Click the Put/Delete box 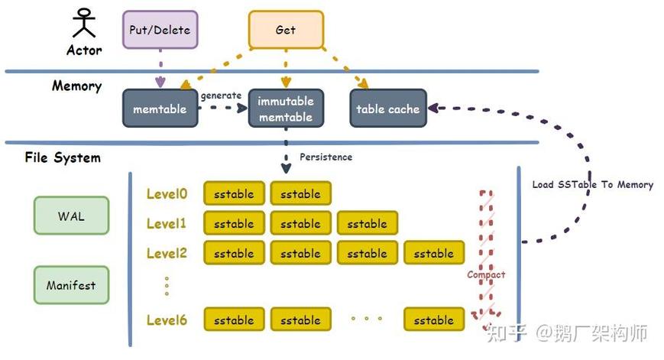160,30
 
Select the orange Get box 286,30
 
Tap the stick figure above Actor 84,23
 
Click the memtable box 160,109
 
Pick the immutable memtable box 286,109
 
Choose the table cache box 388,109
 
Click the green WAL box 71,216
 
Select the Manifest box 71,285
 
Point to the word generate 221,96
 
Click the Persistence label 326,157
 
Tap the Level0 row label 167,193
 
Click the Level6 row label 167,319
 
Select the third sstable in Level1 367,223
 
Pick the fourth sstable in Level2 434,253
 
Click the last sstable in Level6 434,319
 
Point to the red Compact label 486,275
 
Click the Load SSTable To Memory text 592,184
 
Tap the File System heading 63,157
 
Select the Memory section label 76,86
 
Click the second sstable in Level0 300,193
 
